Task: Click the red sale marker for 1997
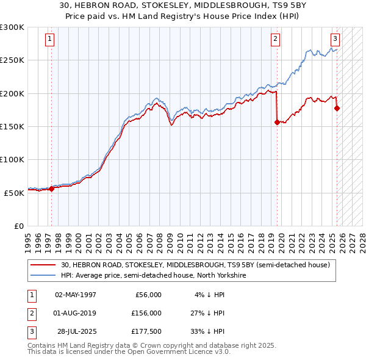click(51, 189)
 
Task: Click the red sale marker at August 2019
click(278, 122)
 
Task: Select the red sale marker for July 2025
click(337, 109)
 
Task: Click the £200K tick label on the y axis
click(12, 93)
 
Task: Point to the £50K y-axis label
click(15, 192)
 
